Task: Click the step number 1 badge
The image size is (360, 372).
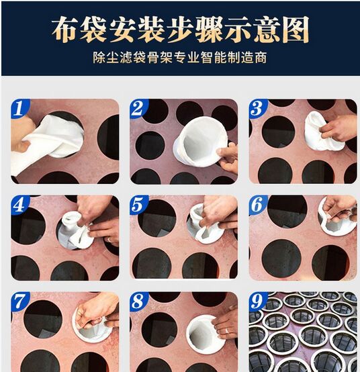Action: point(19,108)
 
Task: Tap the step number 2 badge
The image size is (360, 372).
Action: point(138,108)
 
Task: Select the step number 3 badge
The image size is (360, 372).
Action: point(258,108)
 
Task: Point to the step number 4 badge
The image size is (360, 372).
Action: point(19,205)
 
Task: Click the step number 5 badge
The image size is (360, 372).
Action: point(138,205)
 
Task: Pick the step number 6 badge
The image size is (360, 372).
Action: point(258,205)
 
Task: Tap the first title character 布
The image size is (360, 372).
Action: point(65,30)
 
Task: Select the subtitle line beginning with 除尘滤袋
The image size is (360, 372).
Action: point(179,58)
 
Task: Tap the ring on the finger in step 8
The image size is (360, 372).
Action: point(226,330)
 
